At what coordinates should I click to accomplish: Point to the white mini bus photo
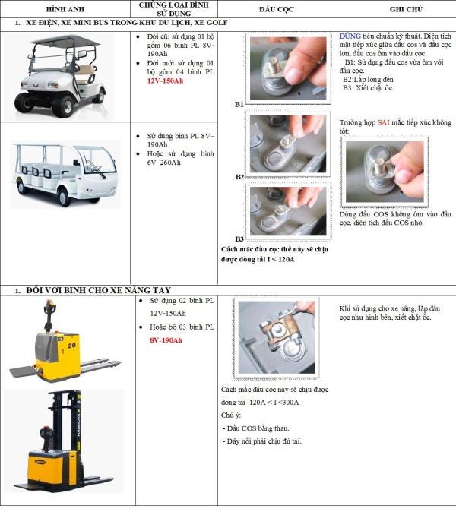[x=64, y=172]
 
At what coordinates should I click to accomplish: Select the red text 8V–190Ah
[x=166, y=340]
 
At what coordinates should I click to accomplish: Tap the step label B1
[x=239, y=103]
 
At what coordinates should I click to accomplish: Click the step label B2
[x=239, y=176]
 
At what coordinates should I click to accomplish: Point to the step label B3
[x=239, y=238]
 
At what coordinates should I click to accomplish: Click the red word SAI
[x=383, y=122]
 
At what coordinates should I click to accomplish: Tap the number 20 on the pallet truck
[x=71, y=346]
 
